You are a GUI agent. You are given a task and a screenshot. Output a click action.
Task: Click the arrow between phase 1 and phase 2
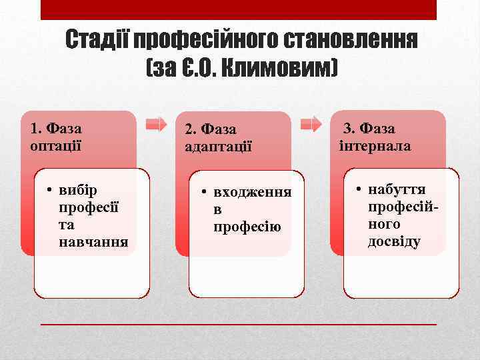coord(156,123)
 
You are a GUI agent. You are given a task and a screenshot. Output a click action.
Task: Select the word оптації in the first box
coord(56,144)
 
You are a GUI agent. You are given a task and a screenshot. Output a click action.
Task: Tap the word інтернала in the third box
coord(375,145)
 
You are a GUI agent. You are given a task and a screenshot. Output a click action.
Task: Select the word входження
coord(252,193)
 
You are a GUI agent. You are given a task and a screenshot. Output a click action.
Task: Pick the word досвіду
coord(394,241)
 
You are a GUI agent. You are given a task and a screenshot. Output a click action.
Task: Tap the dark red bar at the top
coord(239,9)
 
